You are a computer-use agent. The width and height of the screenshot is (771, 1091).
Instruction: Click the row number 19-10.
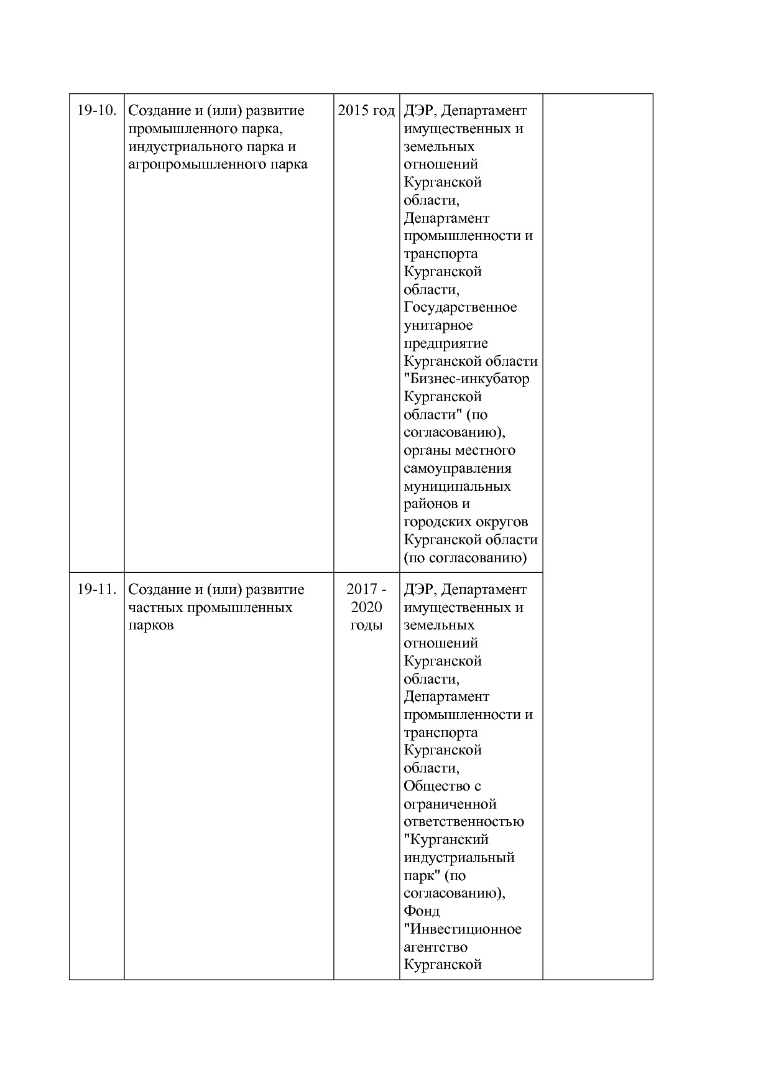96,111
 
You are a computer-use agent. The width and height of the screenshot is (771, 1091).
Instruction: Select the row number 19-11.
96,589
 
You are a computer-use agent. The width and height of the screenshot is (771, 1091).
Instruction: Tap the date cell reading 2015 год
366,111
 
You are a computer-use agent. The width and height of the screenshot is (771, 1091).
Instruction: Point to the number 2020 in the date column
366,607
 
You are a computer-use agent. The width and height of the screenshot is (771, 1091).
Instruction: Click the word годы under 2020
366,625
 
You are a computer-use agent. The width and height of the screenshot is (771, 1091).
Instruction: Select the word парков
151,625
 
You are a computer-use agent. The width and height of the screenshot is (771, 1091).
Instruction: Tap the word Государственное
460,307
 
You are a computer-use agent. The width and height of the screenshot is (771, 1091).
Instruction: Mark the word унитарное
438,325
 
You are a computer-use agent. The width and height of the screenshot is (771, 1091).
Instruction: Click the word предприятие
446,343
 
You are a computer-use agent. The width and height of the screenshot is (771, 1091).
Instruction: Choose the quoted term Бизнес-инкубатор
467,379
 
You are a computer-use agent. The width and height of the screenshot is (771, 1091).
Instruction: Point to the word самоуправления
458,468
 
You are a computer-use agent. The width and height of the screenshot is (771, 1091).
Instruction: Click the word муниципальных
457,486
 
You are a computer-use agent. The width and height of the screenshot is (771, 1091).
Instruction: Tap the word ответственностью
464,822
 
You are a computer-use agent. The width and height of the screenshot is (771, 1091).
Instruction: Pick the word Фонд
422,911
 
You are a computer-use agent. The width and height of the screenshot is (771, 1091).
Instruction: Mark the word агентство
435,947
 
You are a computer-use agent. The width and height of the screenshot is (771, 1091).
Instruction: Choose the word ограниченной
450,804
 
